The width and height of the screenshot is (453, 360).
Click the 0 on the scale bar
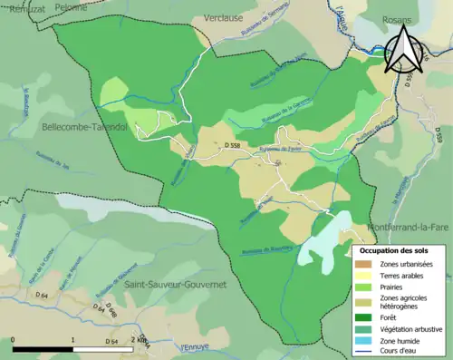click(x=13, y=341)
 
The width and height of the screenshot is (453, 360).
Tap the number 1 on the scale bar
click(x=73, y=341)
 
